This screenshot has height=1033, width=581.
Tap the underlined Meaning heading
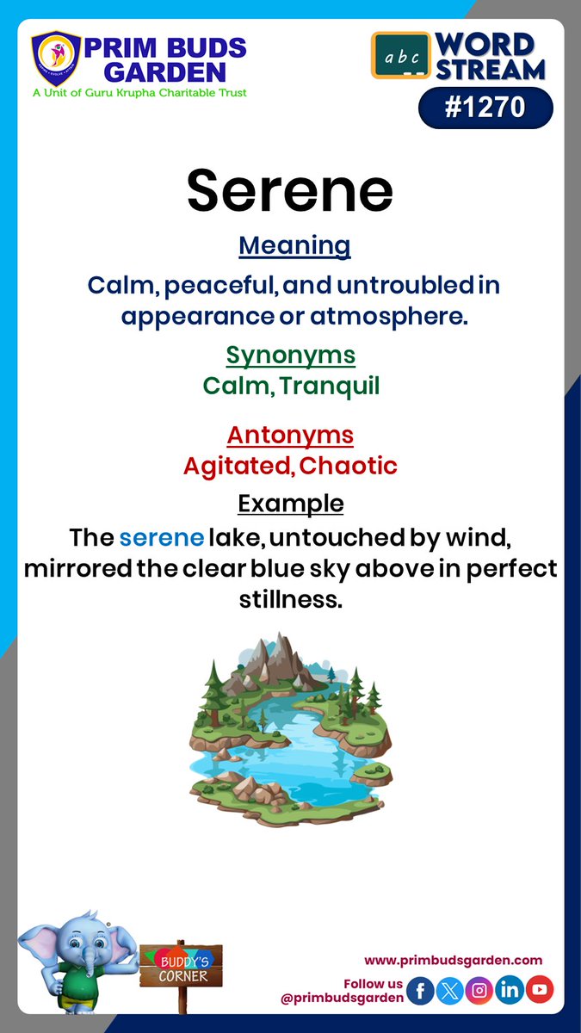point(294,245)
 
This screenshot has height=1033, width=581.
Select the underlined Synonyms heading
point(290,355)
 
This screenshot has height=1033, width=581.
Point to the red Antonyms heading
point(290,435)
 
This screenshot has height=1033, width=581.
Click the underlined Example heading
point(290,503)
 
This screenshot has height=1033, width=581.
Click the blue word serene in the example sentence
point(162,538)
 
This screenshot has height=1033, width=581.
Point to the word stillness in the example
point(290,600)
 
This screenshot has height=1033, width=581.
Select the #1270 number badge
point(485,108)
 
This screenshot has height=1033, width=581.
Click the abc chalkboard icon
point(400,58)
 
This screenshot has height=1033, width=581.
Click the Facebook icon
point(420,990)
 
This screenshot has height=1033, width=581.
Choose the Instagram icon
point(480,990)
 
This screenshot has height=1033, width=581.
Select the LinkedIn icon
point(510,990)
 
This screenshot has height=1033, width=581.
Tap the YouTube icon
point(540,990)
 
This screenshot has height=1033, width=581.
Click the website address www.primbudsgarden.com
point(453,960)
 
